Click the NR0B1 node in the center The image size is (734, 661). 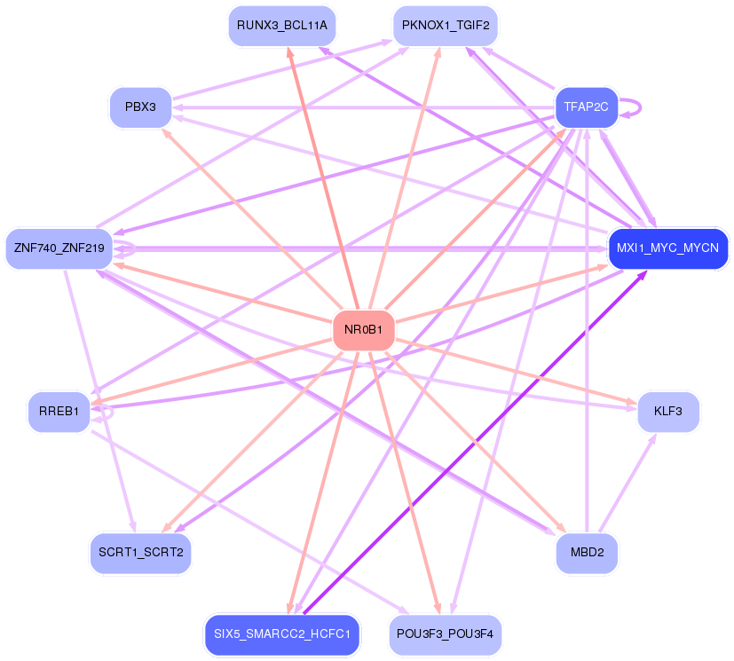click(x=364, y=330)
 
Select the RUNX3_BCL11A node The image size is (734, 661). click(x=282, y=26)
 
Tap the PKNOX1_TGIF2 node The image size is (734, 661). click(x=446, y=26)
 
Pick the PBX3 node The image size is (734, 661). click(x=140, y=107)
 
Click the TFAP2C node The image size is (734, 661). click(x=587, y=107)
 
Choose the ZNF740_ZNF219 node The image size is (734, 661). click(x=59, y=248)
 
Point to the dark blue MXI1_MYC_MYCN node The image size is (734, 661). click(x=668, y=248)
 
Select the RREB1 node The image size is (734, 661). click(x=59, y=412)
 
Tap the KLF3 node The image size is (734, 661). click(x=668, y=412)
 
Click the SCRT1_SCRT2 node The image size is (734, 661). click(x=140, y=553)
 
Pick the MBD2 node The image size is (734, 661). click(x=587, y=553)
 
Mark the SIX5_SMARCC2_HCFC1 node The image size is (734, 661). click(x=282, y=634)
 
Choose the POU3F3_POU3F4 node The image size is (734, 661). click(x=446, y=634)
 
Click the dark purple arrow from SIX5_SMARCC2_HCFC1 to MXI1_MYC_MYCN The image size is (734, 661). click(x=475, y=442)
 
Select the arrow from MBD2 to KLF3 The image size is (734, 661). click(x=627, y=483)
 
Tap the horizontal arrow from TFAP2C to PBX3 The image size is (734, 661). click(x=363, y=107)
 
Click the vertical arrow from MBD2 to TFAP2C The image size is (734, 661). click(x=587, y=330)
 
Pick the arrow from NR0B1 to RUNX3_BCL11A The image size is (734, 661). click(x=323, y=178)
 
